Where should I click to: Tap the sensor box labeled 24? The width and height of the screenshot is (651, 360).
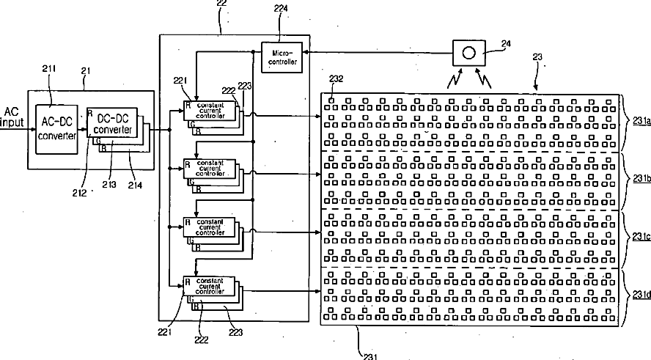pyautogui.click(x=468, y=54)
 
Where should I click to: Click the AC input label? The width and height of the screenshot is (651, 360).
pyautogui.click(x=12, y=117)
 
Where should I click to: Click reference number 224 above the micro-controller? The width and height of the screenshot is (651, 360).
pyautogui.click(x=282, y=10)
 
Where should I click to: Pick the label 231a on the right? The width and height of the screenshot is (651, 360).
pyautogui.click(x=640, y=122)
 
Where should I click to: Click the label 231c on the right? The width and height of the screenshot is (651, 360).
pyautogui.click(x=640, y=237)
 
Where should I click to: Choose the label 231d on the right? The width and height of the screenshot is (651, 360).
pyautogui.click(x=640, y=295)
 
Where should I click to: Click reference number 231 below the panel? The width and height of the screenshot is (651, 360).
pyautogui.click(x=372, y=356)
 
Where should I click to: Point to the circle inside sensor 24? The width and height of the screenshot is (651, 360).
pyautogui.click(x=468, y=54)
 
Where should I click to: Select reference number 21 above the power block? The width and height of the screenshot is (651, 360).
pyautogui.click(x=86, y=69)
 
